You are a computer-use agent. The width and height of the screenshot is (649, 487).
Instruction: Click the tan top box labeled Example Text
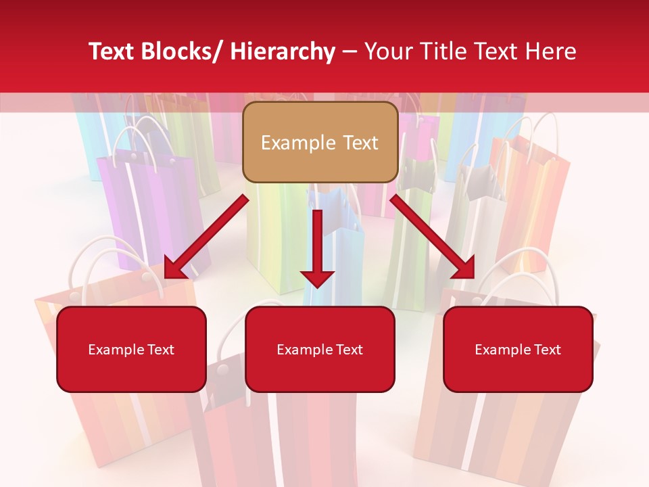(320, 142)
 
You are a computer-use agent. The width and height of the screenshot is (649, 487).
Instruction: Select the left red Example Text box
(131, 349)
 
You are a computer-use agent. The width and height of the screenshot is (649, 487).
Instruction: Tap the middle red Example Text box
(320, 349)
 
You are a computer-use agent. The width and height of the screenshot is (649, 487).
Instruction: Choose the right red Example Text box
(518, 349)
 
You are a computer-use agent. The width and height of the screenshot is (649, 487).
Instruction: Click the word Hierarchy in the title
(283, 51)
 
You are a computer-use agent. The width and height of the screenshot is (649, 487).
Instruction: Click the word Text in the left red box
(160, 350)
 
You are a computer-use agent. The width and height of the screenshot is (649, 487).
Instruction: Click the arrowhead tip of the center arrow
(318, 285)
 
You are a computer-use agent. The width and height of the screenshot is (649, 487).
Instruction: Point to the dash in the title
(350, 51)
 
